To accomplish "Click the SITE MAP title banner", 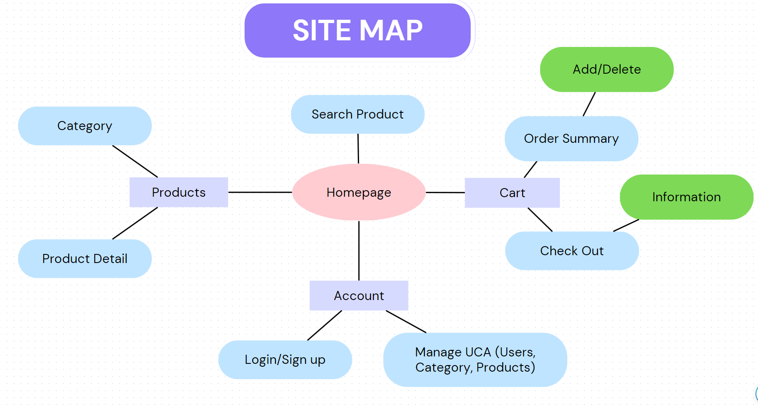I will tap(357, 30).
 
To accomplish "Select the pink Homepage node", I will tap(359, 192).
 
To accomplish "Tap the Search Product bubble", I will tap(357, 114).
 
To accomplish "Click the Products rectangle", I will tap(179, 192).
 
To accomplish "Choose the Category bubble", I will tap(85, 126).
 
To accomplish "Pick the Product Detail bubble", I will tap(85, 258).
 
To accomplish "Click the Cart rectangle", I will tap(512, 193).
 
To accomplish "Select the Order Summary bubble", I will tap(571, 139).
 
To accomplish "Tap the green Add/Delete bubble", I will tap(606, 70).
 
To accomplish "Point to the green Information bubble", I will tap(686, 197).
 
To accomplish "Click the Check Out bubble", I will tap(572, 251).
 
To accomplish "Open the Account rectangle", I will tap(359, 296).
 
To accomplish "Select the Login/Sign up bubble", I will tap(285, 360).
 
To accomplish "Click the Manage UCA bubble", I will tap(475, 360).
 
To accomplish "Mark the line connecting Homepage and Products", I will tap(260, 192).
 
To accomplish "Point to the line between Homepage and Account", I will tap(359, 250).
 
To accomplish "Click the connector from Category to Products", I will tap(135, 161).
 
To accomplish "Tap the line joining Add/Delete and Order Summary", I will tap(589, 104).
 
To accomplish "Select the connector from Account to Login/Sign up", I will tap(324, 326).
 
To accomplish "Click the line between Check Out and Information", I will tap(626, 225).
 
